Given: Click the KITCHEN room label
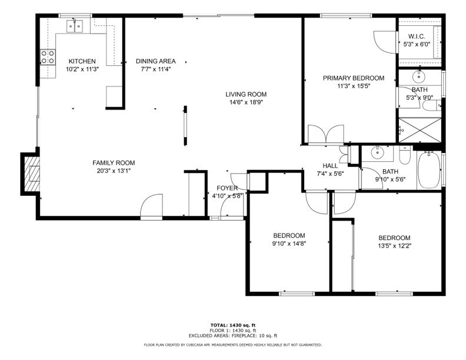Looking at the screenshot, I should click(82, 61).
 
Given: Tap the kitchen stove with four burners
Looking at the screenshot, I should click(47, 57).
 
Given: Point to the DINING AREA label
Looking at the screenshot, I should click(155, 61).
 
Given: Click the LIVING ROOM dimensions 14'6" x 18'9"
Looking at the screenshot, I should click(246, 102).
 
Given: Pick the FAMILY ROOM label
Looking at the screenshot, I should click(114, 163).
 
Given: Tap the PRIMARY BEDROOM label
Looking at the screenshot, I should click(353, 78).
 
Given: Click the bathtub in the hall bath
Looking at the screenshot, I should click(429, 170).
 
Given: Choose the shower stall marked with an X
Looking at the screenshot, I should click(420, 131).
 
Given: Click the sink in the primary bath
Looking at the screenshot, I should click(420, 76).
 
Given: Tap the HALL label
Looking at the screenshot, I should click(330, 165).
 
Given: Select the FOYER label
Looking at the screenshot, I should click(227, 188).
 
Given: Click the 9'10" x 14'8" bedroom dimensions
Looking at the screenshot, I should click(289, 243).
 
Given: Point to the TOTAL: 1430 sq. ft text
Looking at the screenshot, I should click(233, 325).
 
